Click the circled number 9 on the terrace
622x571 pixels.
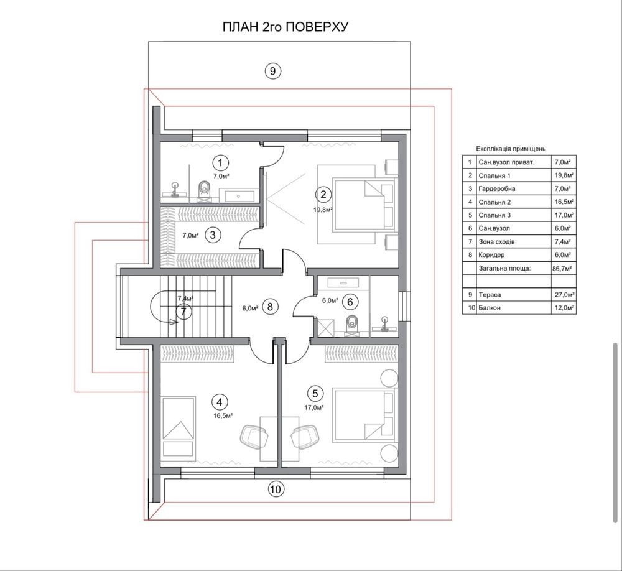(272, 71)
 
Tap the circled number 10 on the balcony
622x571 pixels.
(276, 489)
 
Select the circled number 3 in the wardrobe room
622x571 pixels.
(213, 235)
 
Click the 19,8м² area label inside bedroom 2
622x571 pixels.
(323, 210)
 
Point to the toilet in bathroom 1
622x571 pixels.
(205, 189)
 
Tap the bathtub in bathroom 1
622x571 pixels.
(238, 196)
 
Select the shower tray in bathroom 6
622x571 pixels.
(325, 328)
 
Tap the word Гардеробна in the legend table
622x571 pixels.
(496, 189)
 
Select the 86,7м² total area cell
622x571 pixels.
(562, 268)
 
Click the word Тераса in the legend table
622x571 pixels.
(490, 295)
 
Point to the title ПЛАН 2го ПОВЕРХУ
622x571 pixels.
(285, 27)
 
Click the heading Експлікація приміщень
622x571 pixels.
(511, 149)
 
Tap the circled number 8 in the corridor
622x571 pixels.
(270, 307)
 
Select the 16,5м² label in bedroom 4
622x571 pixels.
(223, 415)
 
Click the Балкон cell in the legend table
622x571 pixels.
(490, 307)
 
